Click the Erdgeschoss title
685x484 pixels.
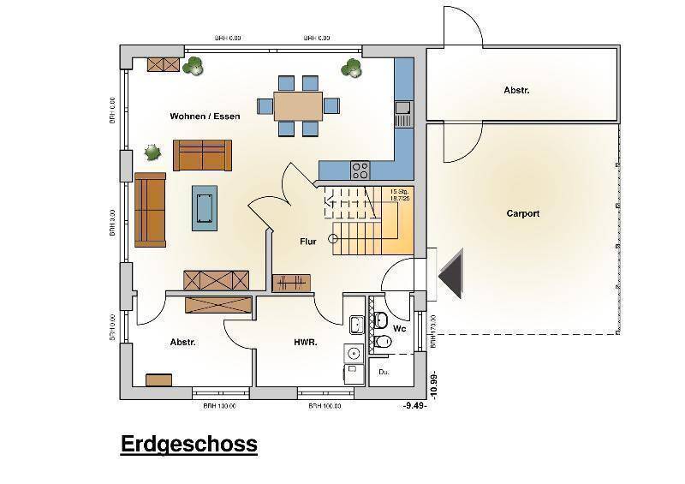point(188,444)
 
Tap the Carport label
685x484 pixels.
point(522,213)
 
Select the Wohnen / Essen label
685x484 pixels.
point(205,116)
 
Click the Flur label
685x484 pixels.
point(307,242)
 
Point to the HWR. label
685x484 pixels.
point(306,342)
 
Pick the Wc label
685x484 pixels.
point(399,328)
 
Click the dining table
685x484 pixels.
point(299,105)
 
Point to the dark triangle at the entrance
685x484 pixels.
point(450,274)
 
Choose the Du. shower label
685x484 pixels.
point(384,373)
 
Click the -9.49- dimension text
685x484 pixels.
point(414,405)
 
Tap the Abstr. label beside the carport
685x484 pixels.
point(516,89)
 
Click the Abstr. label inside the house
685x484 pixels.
point(182,342)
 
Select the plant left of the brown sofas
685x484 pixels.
point(152,152)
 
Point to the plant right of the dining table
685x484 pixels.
point(351,67)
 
